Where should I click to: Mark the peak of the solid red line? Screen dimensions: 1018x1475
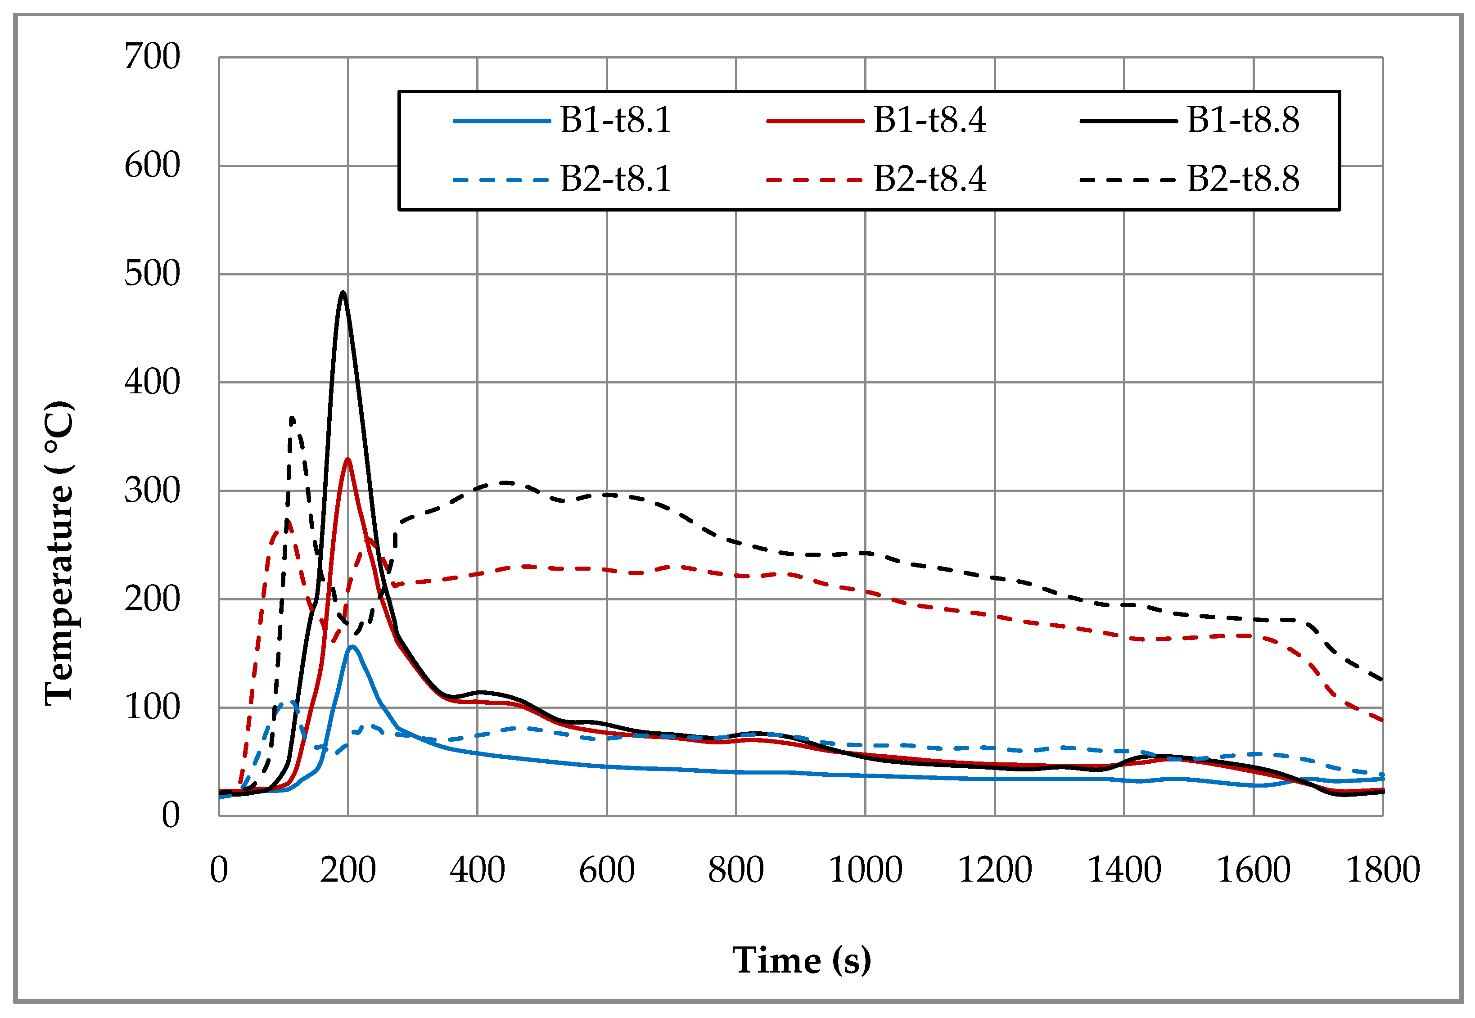[347, 459]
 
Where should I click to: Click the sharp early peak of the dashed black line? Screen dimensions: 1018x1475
[292, 419]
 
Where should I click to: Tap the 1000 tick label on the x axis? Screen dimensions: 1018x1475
[865, 870]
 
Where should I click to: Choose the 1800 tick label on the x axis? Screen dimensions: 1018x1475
[1382, 870]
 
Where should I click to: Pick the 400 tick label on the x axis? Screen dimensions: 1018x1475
[477, 870]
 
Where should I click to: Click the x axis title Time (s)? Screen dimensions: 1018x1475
[801, 960]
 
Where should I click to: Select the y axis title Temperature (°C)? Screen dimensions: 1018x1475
[59, 554]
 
